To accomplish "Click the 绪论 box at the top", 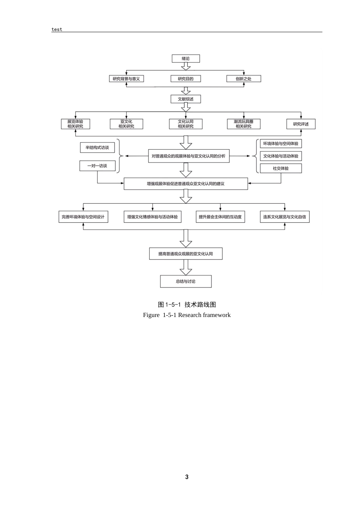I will (186, 59).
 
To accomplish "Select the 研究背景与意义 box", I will (126, 79).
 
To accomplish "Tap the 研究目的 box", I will (186, 79).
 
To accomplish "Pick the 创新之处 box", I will (244, 79).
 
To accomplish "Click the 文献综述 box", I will (186, 99).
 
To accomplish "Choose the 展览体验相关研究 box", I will (75, 124).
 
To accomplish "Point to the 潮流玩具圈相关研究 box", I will (244, 124).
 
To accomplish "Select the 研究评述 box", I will (301, 124).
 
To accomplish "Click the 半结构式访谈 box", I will (97, 148).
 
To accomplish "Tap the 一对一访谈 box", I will (97, 166).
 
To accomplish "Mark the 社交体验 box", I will (281, 168).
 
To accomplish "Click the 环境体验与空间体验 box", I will (281, 144).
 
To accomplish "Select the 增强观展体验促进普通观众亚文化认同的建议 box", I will (186, 184).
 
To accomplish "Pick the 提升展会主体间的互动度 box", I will (220, 217).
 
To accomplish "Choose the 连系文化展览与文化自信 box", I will (285, 217).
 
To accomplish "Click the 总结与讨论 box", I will (186, 281).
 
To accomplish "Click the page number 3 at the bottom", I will (187, 477).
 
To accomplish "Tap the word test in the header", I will (57, 29).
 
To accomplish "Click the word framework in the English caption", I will (216, 315).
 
